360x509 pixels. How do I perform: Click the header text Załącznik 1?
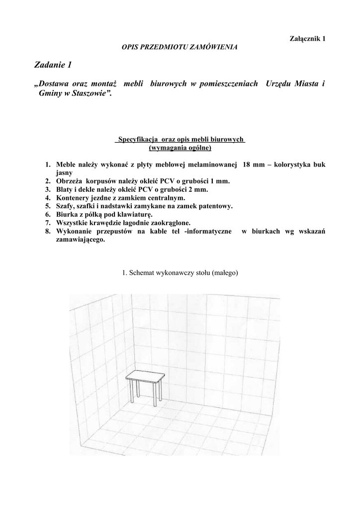click(307, 39)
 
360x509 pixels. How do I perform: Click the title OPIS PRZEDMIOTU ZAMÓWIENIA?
click(180, 47)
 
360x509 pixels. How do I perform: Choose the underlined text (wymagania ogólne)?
click(180, 148)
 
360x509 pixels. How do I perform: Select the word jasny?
click(64, 172)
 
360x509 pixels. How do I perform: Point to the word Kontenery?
click(73, 198)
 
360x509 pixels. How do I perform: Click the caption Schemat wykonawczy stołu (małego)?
click(180, 273)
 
